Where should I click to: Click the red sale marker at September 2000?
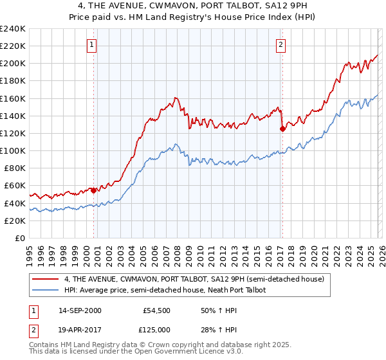94,190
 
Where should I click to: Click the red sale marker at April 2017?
282,129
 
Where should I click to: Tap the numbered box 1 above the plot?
93,45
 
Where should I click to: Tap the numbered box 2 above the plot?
281,45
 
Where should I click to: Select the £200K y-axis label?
13,63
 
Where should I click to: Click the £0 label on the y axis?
19,238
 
